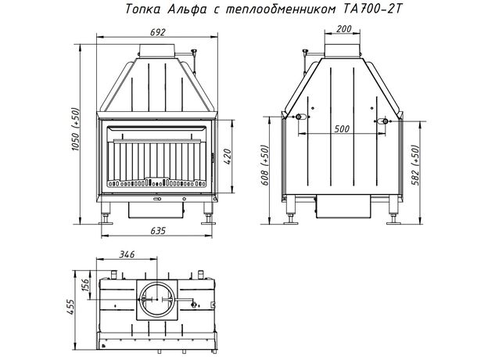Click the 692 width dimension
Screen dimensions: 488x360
[x=157, y=32]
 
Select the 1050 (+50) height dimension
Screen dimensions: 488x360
[x=77, y=129]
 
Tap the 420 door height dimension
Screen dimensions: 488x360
[x=228, y=157]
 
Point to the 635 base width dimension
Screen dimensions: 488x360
[x=158, y=231]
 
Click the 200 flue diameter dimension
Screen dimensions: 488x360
[x=344, y=29]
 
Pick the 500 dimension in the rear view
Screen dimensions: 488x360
[x=342, y=128]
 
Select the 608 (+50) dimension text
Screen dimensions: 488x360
[x=264, y=165]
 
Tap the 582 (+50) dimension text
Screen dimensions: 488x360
[x=415, y=165]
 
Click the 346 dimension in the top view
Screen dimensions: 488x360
[x=127, y=254]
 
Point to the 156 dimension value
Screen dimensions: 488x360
[x=85, y=284]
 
